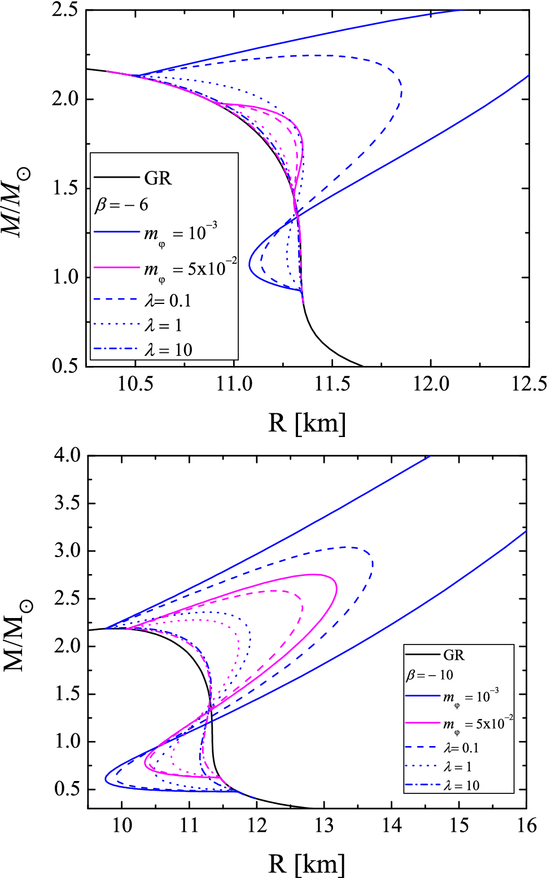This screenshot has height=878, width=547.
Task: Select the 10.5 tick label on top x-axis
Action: coord(135,384)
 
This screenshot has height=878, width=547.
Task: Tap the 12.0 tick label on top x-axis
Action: coord(431,384)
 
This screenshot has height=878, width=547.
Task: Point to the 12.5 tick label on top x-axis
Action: coord(529,384)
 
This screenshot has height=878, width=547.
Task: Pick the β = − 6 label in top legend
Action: coord(121,205)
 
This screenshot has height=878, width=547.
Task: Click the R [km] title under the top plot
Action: coord(307,423)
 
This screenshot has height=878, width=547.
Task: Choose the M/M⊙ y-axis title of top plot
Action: coord(16,203)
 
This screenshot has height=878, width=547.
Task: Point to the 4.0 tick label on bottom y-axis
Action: coord(67,455)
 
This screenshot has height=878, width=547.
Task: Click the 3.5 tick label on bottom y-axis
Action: coord(67,503)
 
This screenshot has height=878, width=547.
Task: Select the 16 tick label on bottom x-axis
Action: coord(526,826)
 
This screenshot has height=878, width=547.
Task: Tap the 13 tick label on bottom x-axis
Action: coord(324,826)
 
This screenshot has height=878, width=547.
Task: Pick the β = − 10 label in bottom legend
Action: coord(430,675)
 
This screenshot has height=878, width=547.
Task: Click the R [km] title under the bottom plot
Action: coord(307,864)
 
